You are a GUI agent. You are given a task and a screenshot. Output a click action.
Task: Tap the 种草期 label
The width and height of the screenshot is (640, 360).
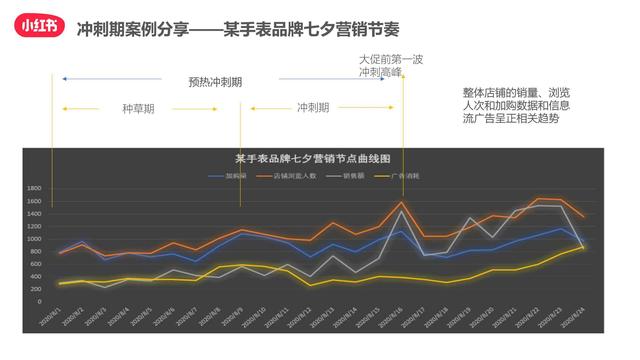tap(138, 107)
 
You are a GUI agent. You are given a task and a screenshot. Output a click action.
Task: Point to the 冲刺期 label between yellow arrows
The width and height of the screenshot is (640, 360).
tap(313, 107)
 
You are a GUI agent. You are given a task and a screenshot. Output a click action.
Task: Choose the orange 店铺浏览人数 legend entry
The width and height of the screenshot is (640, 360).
tap(290, 175)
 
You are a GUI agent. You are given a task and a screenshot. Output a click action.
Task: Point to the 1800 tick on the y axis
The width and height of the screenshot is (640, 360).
tap(33, 188)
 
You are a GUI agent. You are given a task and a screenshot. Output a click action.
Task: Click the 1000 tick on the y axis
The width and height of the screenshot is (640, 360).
tap(33, 239)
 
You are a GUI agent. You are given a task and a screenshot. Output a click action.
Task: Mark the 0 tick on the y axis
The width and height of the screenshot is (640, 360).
tap(38, 302)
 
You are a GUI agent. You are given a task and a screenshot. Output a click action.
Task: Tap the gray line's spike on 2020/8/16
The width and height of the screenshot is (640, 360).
tap(402, 211)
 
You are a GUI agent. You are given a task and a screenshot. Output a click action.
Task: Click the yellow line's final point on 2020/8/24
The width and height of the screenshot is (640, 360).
tap(585, 245)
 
